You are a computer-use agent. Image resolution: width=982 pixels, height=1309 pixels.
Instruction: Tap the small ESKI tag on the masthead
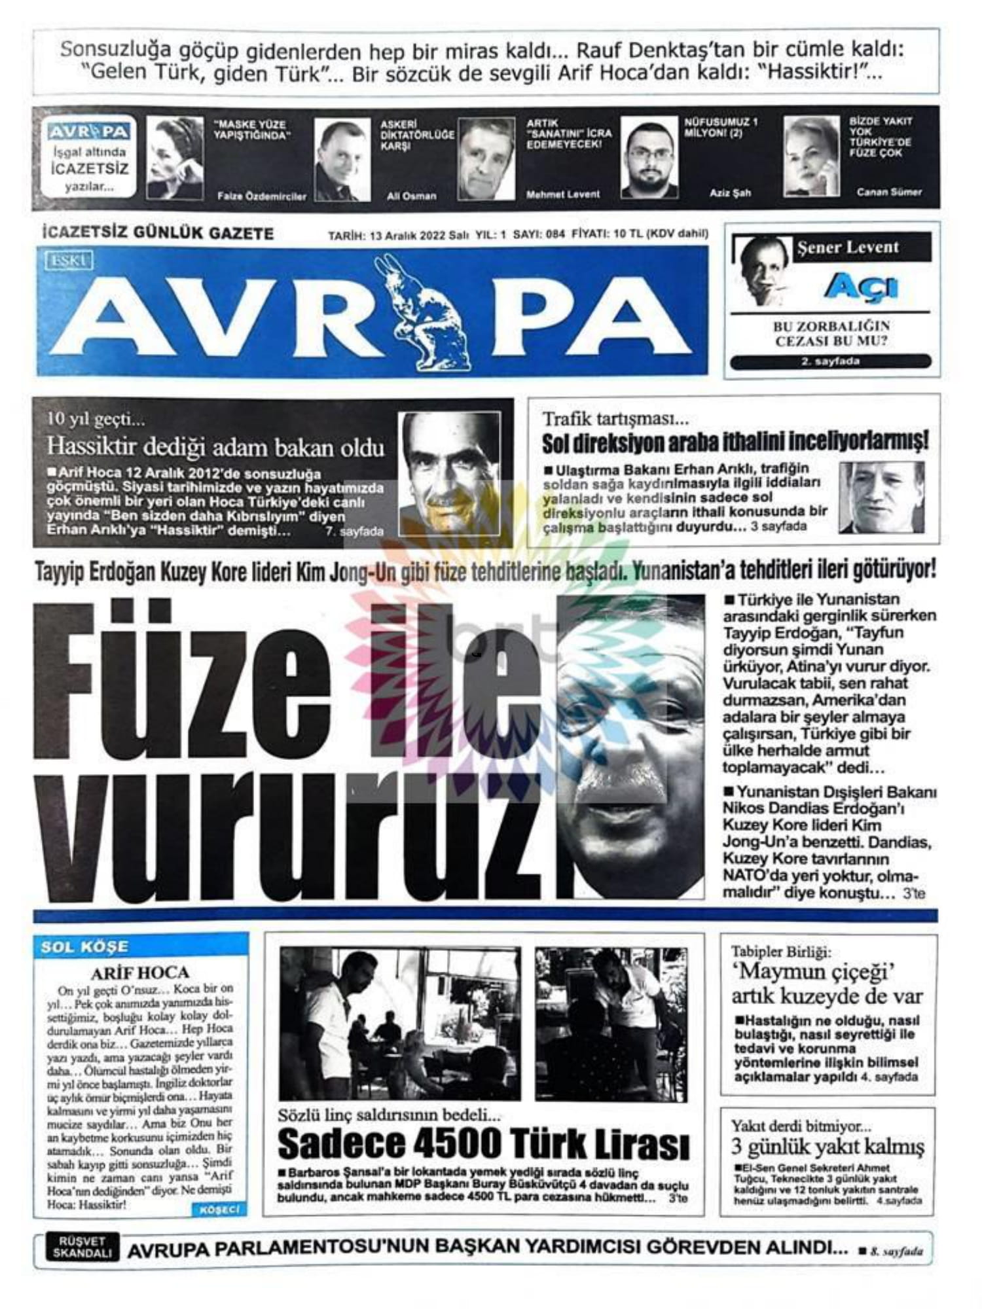pyautogui.click(x=68, y=261)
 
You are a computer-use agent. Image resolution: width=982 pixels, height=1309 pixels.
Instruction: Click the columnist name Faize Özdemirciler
pyautogui.click(x=261, y=196)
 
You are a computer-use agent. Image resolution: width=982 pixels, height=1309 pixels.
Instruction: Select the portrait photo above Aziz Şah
pyautogui.click(x=649, y=159)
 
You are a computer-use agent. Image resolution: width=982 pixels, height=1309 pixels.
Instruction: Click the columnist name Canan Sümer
pyautogui.click(x=888, y=192)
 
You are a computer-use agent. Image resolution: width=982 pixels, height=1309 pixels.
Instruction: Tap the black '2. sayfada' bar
pyautogui.click(x=830, y=361)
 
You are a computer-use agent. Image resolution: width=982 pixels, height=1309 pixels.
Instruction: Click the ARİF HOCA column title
pyautogui.click(x=139, y=973)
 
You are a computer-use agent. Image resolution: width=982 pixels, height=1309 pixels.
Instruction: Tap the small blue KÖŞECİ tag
pyautogui.click(x=219, y=1210)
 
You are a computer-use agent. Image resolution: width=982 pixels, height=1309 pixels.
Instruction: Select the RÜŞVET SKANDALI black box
pyautogui.click(x=82, y=1247)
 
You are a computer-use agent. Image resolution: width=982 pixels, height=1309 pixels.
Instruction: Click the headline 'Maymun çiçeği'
pyautogui.click(x=812, y=971)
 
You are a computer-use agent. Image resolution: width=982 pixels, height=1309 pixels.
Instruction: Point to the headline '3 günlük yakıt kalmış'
pyautogui.click(x=827, y=1147)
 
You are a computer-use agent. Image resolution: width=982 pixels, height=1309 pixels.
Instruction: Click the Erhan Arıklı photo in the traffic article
pyautogui.click(x=881, y=497)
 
